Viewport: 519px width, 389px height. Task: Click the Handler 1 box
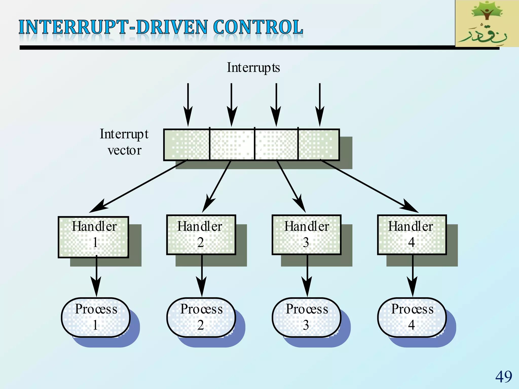(x=94, y=237)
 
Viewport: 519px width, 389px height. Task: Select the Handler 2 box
(x=201, y=235)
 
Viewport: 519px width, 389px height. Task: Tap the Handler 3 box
(x=307, y=235)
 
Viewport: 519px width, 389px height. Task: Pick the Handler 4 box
(x=412, y=235)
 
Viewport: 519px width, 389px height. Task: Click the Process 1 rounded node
(x=96, y=317)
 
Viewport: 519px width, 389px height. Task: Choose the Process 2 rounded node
(x=201, y=317)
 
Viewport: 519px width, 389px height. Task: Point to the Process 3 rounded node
(x=307, y=317)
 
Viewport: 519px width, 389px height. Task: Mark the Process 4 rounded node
(x=412, y=317)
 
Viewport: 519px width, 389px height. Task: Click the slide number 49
(x=504, y=377)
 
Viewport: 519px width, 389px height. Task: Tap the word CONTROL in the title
(x=258, y=27)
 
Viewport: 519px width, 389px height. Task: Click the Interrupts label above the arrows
(x=253, y=68)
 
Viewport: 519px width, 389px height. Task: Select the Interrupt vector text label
(x=124, y=142)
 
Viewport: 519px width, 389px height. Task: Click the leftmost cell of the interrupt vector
(x=187, y=145)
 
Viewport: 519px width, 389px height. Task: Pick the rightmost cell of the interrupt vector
(x=319, y=145)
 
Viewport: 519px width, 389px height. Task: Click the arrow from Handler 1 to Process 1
(x=96, y=276)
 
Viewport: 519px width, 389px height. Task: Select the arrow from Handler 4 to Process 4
(x=413, y=276)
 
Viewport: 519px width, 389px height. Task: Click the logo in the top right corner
(x=487, y=23)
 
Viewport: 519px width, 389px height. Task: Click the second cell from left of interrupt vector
(x=232, y=145)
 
